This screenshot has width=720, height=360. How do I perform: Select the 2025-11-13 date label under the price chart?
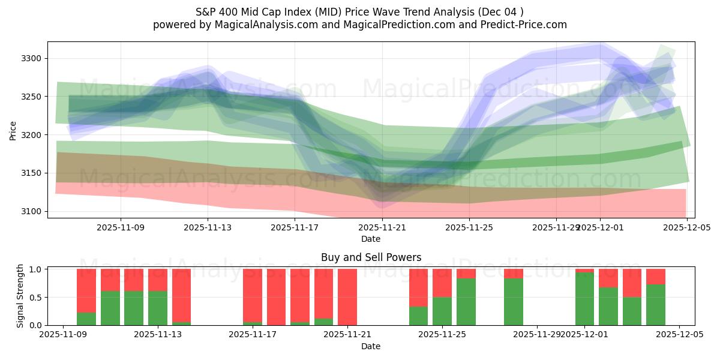[x=208, y=227]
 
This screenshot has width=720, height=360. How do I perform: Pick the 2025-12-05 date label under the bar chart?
[x=679, y=335]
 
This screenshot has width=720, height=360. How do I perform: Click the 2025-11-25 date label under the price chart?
[x=469, y=227]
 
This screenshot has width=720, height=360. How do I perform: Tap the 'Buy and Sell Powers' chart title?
[x=371, y=257]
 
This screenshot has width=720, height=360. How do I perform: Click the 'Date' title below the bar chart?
[x=371, y=346]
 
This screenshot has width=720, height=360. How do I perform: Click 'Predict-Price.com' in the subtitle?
[x=526, y=25]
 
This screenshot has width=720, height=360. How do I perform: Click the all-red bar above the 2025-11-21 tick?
[x=347, y=297]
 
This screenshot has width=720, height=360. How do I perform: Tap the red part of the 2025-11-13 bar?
[x=158, y=280]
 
